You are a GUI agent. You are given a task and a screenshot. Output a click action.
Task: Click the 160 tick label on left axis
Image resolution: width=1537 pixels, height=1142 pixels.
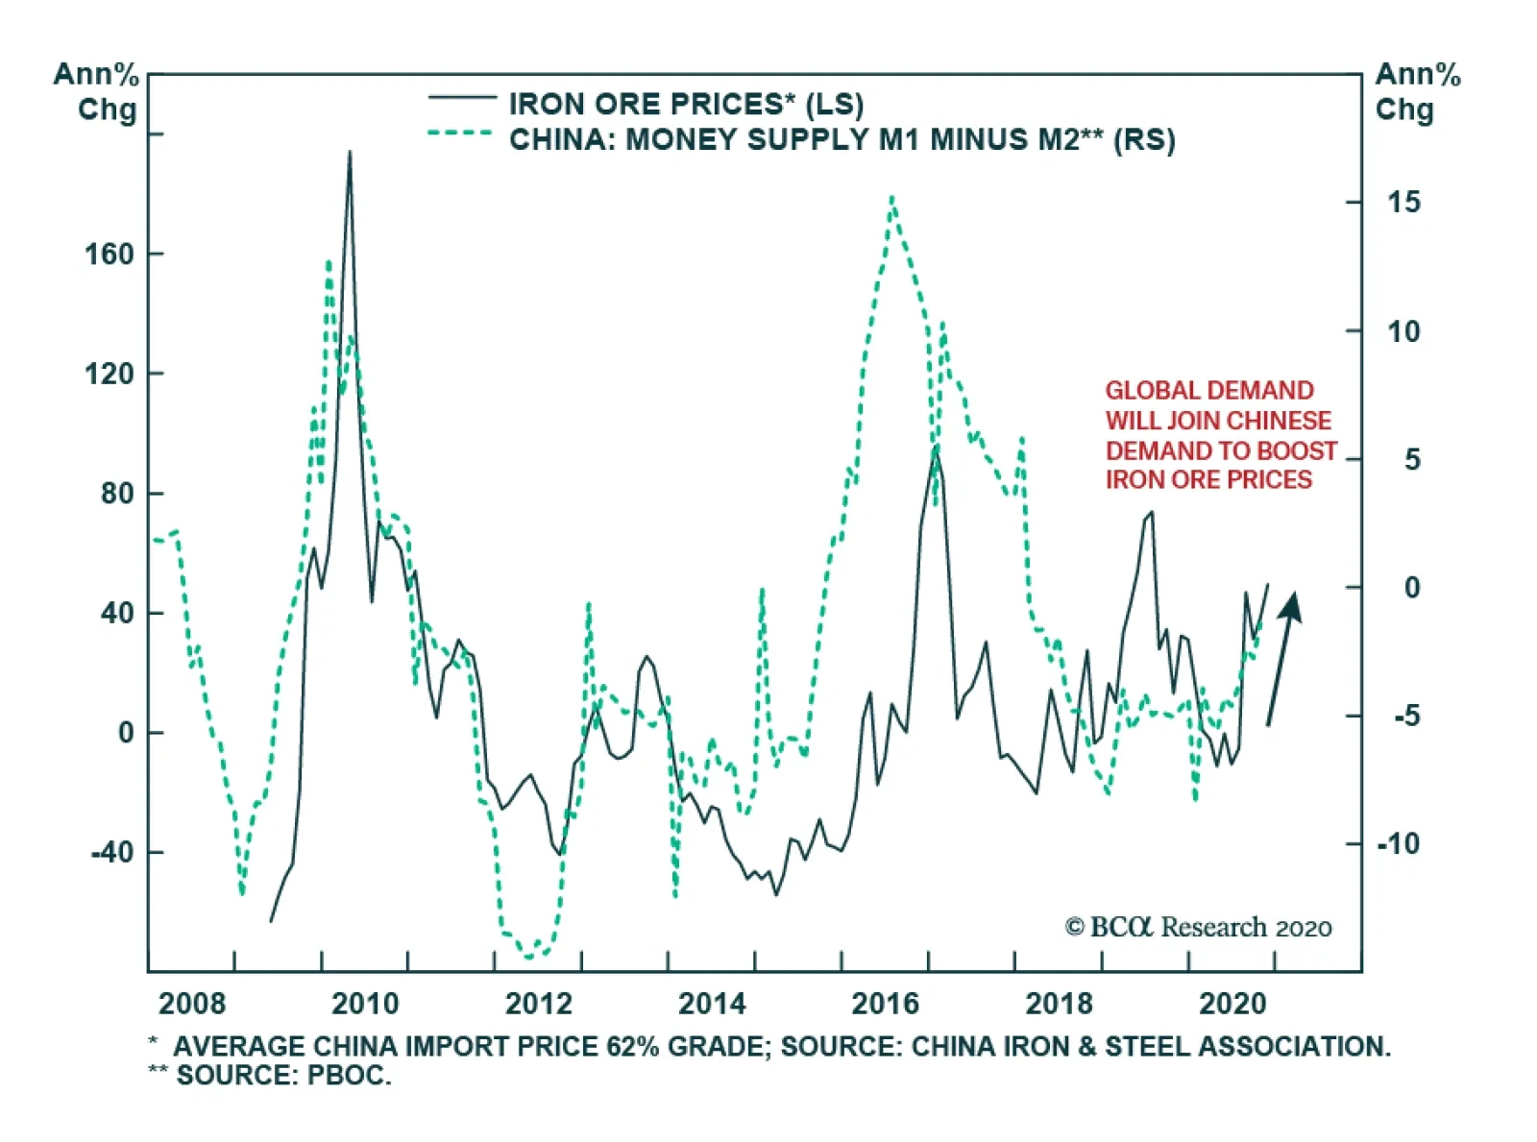(109, 255)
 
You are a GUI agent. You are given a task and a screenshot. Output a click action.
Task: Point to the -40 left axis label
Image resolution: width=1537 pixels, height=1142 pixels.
(111, 852)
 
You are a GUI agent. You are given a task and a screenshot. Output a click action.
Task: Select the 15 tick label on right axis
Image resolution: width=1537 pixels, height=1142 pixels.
(1403, 203)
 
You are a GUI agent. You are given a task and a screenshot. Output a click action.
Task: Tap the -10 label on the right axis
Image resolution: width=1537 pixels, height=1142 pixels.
(1398, 844)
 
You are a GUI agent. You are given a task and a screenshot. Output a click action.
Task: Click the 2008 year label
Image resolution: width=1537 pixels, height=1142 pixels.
(192, 1005)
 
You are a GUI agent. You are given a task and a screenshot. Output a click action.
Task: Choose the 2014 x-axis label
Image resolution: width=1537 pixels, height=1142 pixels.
(712, 1005)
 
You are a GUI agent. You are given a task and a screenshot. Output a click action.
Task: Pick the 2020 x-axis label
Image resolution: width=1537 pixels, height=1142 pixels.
(1232, 1005)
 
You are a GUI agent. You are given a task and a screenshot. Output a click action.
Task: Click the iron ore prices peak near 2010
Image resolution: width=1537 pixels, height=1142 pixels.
(350, 152)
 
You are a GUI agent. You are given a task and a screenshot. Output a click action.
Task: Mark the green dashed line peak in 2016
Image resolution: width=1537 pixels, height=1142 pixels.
(892, 198)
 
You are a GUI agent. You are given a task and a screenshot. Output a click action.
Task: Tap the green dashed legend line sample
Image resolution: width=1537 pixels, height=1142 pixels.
(462, 134)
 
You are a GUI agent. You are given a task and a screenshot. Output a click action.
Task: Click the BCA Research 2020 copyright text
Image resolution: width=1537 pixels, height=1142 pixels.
(1198, 928)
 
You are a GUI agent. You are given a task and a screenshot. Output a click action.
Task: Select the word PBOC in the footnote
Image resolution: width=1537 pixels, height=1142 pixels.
(349, 1076)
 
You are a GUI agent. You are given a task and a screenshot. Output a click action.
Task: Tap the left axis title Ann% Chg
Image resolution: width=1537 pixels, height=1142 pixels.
(97, 91)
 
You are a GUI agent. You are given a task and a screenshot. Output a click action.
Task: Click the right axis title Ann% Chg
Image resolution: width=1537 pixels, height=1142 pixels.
(1417, 91)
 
